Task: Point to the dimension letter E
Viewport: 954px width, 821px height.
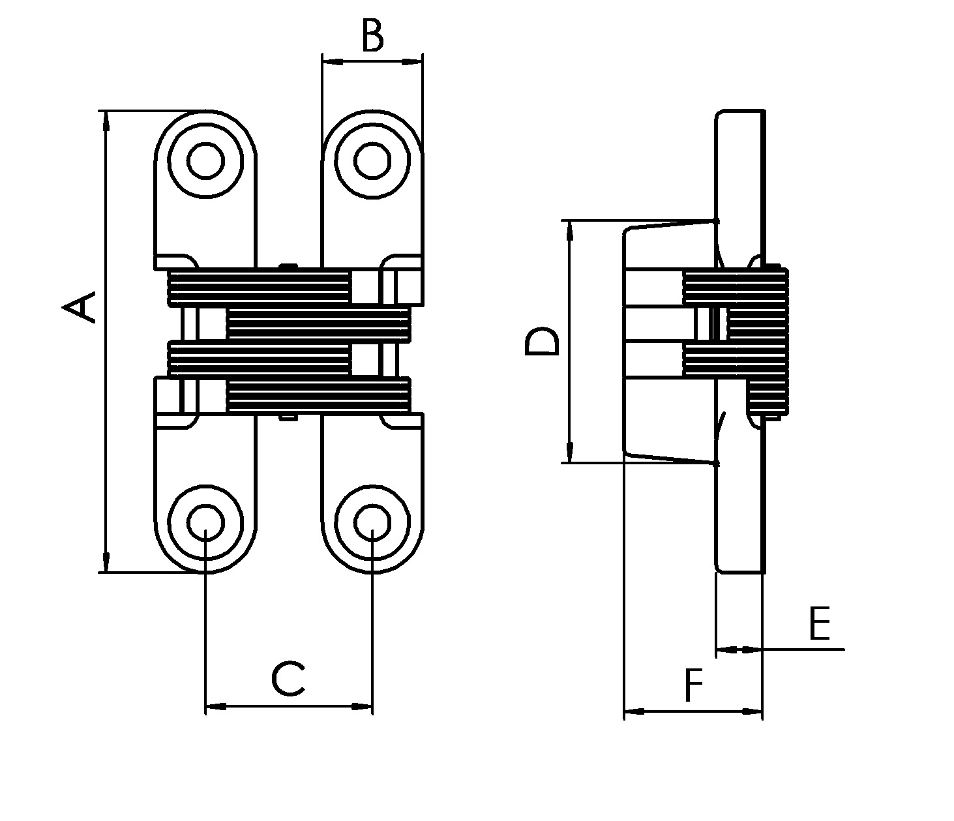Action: click(819, 624)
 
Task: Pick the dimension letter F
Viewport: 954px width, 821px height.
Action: click(694, 685)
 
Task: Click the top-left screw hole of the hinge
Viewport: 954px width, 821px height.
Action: click(205, 160)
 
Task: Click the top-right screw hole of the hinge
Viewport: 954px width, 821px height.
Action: click(372, 160)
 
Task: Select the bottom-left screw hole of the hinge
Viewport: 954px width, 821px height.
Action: click(205, 522)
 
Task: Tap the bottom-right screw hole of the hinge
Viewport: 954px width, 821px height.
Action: click(372, 522)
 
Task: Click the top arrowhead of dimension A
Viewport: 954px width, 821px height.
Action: click(106, 121)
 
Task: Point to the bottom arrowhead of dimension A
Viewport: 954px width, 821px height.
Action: click(106, 562)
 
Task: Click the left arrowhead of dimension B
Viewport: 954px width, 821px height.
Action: click(333, 61)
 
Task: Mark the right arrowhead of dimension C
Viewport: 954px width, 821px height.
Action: click(363, 706)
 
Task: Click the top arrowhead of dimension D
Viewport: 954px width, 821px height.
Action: click(570, 230)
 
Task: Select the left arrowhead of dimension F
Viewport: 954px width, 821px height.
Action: click(634, 711)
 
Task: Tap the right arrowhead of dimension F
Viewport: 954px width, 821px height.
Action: click(752, 711)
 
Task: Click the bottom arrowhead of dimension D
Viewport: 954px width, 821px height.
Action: click(570, 453)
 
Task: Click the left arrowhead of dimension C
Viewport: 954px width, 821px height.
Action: click(216, 706)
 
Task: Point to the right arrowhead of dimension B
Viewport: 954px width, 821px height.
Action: click(412, 61)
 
